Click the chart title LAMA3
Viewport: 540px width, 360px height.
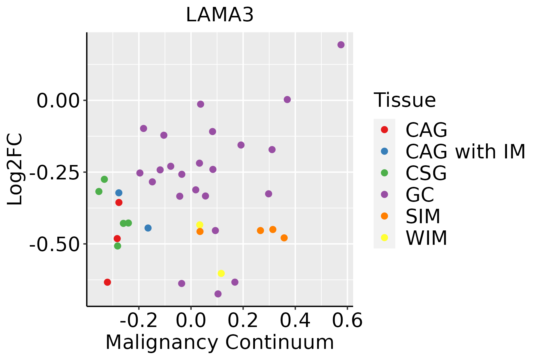pos(220,15)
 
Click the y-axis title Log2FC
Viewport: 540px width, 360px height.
pos(15,169)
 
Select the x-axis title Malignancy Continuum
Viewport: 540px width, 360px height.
pos(220,342)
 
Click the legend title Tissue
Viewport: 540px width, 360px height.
pos(405,100)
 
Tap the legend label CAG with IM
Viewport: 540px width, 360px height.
pos(465,151)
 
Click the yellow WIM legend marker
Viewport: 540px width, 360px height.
pos(384,238)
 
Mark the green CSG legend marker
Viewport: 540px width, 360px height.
pos(384,173)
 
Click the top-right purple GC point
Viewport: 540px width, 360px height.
pos(341,45)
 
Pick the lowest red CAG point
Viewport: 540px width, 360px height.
pos(107,282)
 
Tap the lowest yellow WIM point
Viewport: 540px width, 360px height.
pos(221,273)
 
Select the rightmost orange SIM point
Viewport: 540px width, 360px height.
pos(284,238)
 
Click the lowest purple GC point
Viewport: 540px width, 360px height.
pos(218,294)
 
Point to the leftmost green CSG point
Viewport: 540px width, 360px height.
pos(99,191)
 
